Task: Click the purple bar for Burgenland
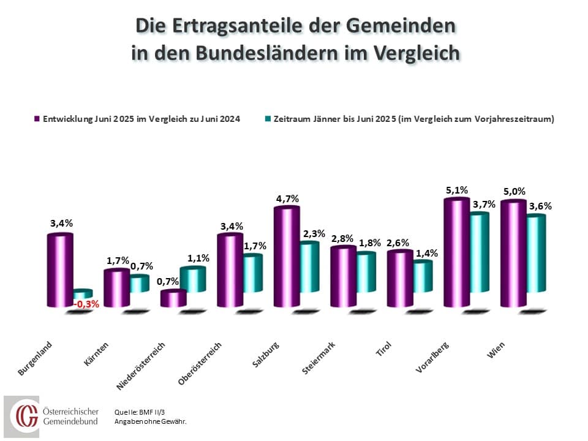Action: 59,269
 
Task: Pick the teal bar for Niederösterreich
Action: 192,279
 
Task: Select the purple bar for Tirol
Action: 400,278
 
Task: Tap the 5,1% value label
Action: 457,190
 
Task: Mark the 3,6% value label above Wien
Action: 540,206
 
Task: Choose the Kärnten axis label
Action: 97,355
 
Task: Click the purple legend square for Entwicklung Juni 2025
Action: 37,119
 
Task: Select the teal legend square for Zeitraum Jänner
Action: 260,119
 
